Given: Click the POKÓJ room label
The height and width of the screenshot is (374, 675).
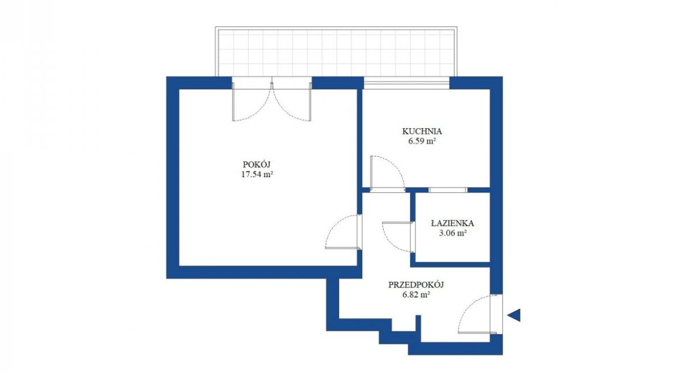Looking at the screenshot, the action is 257,164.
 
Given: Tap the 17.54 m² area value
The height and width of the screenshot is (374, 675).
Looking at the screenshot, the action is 257,174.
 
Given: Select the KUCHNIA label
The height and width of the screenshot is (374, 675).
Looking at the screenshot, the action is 422,131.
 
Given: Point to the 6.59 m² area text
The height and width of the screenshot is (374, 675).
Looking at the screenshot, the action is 422,141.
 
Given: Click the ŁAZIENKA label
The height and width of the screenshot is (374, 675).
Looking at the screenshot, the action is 452,223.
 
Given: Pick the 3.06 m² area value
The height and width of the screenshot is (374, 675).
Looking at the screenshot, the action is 452,233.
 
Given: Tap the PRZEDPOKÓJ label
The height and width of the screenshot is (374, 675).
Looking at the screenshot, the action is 416,285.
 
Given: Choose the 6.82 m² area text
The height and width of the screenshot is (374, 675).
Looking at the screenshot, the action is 416,295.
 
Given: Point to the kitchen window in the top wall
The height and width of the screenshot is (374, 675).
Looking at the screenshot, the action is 406,85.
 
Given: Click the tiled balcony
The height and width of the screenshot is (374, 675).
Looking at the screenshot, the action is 336,52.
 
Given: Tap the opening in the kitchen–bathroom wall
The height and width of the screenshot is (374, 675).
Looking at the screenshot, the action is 448,190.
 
